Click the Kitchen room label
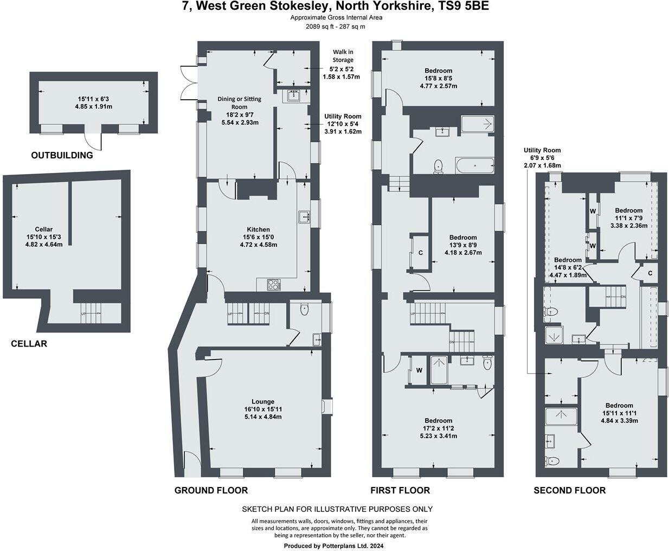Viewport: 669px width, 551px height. [x=258, y=229]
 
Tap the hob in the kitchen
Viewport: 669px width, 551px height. [x=274, y=284]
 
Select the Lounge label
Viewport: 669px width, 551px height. [x=262, y=401]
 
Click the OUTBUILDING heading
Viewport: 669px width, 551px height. [x=62, y=155]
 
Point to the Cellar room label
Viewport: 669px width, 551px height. [x=44, y=229]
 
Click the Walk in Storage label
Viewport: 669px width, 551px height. [x=343, y=56]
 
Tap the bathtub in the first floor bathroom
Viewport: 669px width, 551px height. [x=474, y=166]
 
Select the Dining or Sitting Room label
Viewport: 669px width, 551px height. [x=239, y=103]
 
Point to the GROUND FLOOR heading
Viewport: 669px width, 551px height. [x=211, y=490]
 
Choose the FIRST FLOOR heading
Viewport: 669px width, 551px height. [x=400, y=490]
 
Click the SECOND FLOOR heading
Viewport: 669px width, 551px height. [x=569, y=490]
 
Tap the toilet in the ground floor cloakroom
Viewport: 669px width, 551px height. [x=304, y=309]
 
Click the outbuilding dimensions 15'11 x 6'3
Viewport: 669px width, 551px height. [x=93, y=99]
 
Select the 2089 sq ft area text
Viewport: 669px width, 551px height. [x=319, y=27]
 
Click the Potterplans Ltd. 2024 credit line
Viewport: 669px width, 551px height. [x=333, y=546]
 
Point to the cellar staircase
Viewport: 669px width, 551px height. [x=91, y=313]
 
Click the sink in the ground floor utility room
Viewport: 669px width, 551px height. [x=294, y=95]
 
